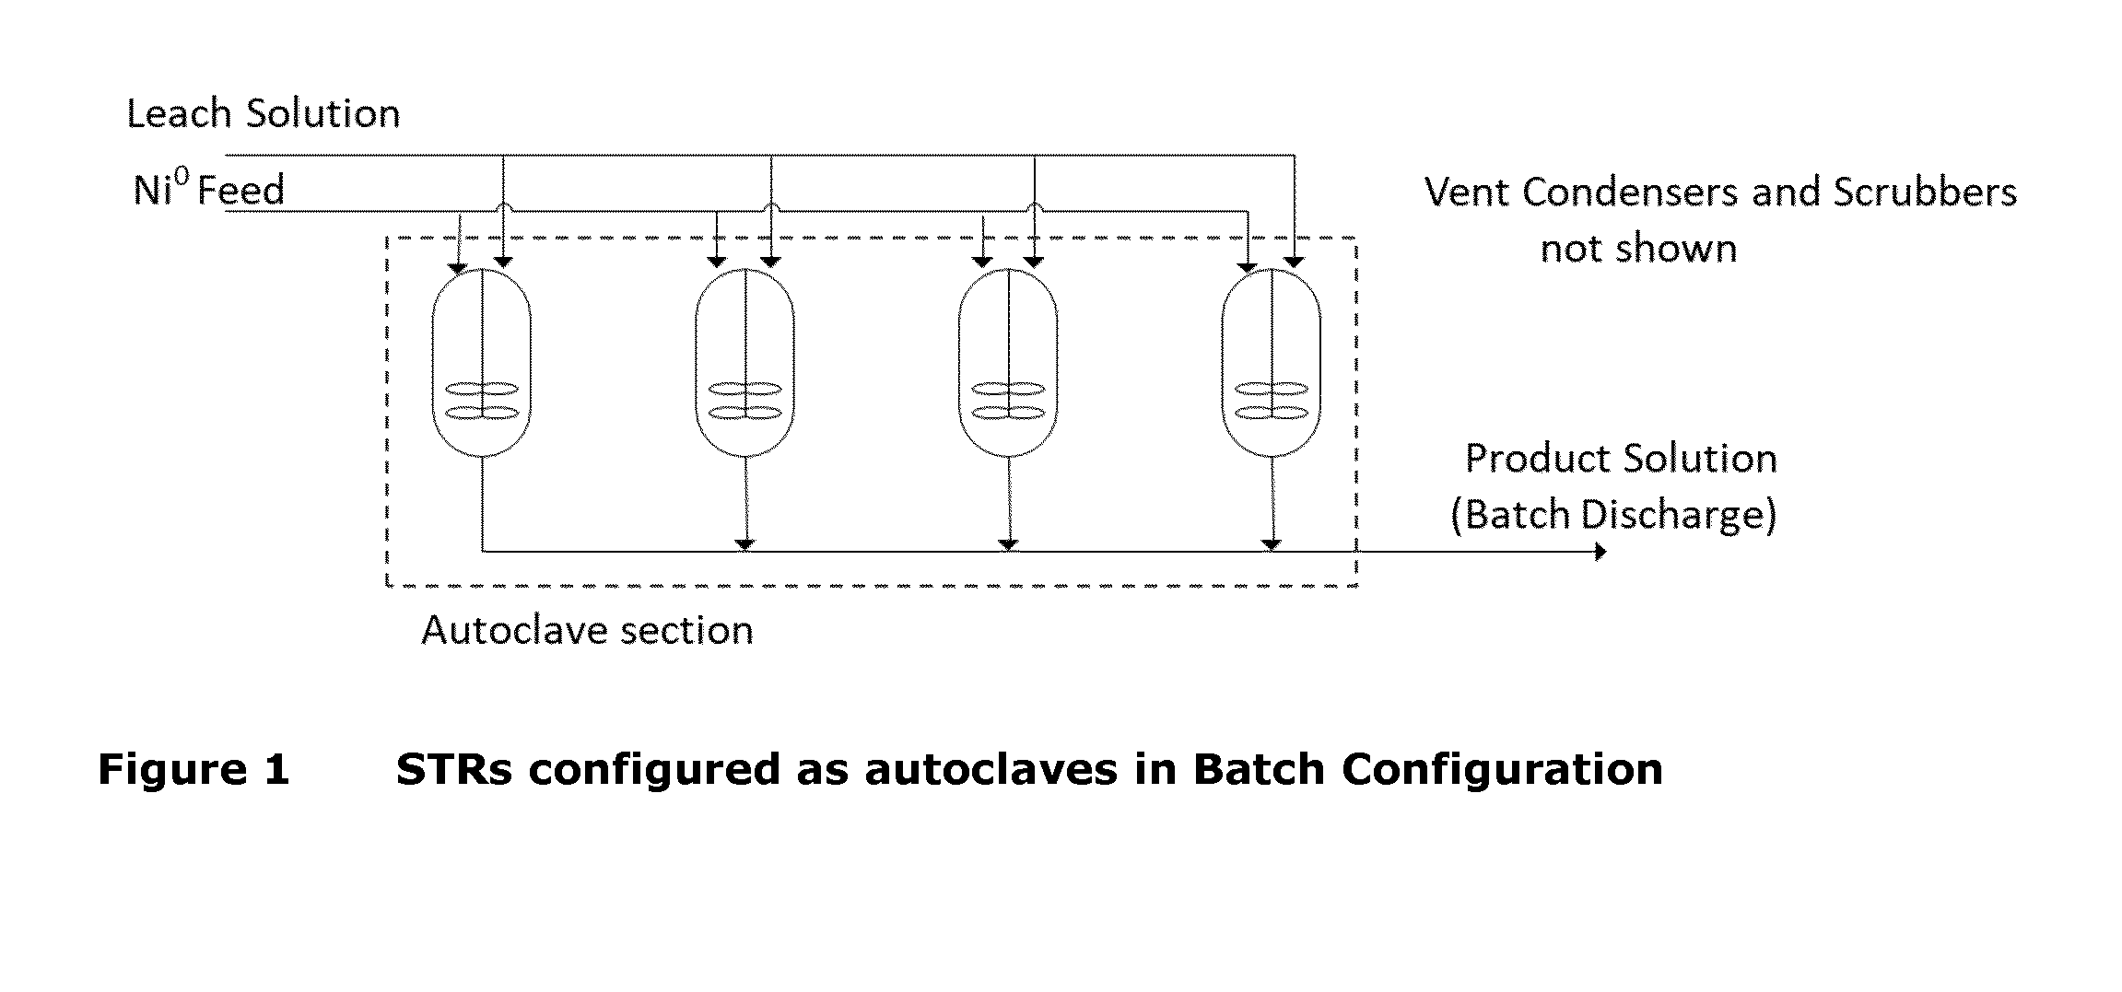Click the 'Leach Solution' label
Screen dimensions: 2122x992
click(264, 113)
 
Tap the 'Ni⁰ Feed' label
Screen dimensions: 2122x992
click(209, 190)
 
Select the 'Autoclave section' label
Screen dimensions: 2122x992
click(587, 630)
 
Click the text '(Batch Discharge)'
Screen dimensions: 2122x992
click(1613, 514)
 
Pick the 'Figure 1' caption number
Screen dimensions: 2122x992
click(193, 769)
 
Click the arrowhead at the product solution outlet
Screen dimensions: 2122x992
click(1600, 552)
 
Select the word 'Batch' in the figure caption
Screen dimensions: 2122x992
click(1259, 769)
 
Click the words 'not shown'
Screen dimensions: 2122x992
click(1638, 250)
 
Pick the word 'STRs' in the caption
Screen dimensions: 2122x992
click(453, 769)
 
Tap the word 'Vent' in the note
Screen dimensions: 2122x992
click(1466, 193)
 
